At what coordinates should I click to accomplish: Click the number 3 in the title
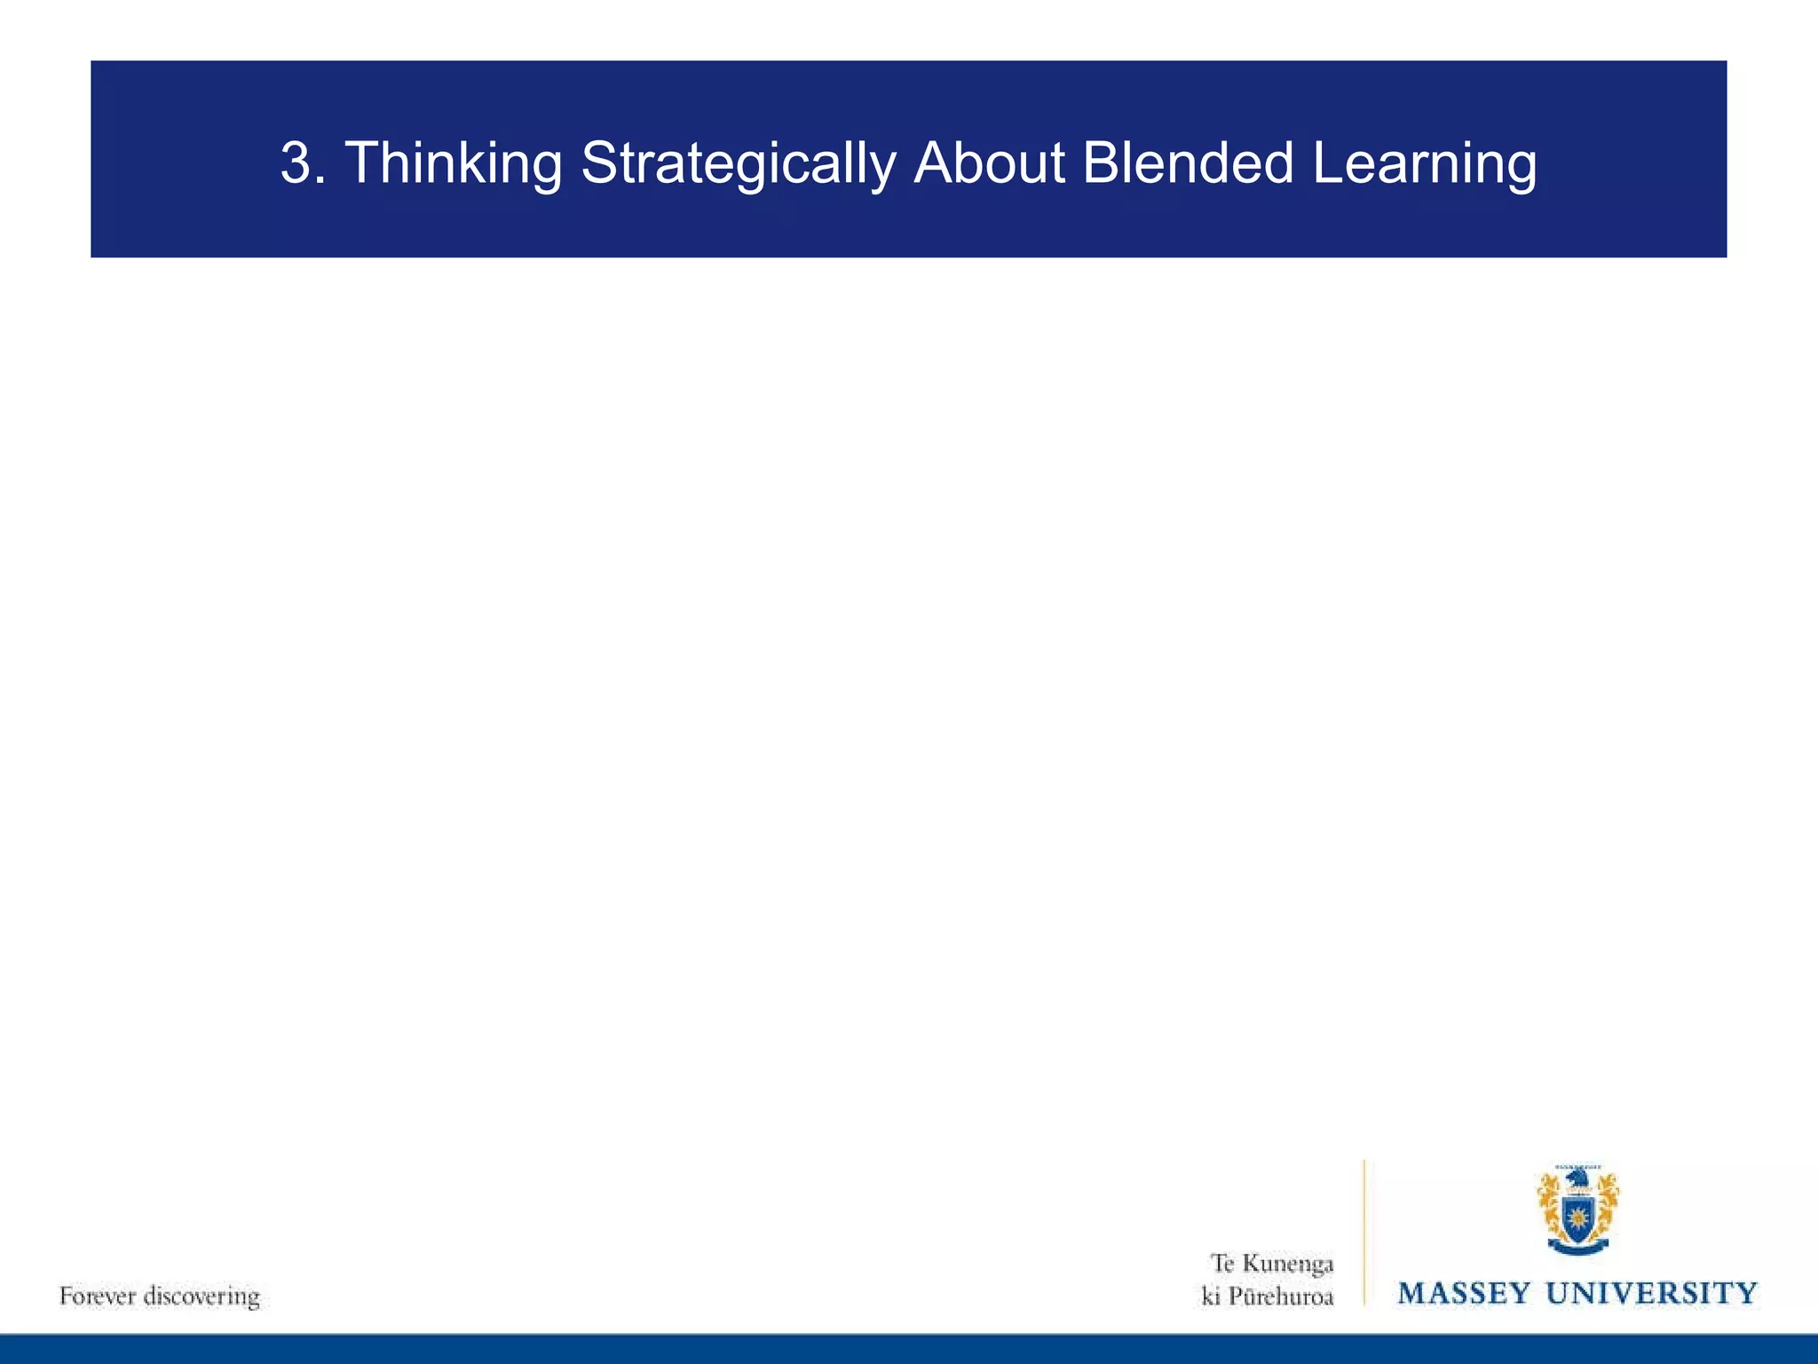click(x=299, y=164)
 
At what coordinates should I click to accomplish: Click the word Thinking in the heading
click(x=453, y=164)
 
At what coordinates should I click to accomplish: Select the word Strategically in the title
click(x=738, y=164)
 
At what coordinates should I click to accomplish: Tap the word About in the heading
click(x=989, y=164)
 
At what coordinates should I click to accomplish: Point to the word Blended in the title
click(x=1188, y=164)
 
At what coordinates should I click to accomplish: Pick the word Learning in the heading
click(x=1424, y=164)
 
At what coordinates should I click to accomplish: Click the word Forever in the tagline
click(x=97, y=1296)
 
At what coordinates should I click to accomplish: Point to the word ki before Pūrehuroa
click(x=1211, y=1297)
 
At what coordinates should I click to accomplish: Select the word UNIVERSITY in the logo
click(x=1652, y=1293)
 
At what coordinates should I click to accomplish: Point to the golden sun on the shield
click(x=1577, y=1213)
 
